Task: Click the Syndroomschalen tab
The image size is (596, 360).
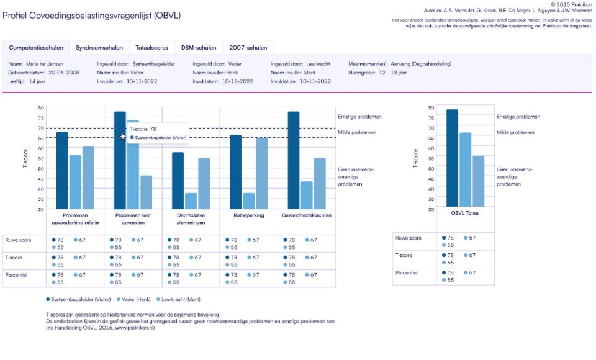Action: point(99,47)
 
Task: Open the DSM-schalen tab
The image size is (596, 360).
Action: point(199,47)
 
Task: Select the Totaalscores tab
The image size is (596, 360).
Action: point(152,47)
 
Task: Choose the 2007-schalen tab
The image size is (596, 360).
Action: point(248,47)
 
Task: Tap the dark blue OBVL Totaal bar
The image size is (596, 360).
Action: point(452,158)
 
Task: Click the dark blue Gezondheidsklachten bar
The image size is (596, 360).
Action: point(294,160)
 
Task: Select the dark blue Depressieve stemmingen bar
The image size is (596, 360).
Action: point(178,180)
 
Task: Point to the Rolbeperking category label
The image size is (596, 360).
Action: point(248,216)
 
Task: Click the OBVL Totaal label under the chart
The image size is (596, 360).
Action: point(465,214)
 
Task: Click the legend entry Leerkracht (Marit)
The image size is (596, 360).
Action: point(181,299)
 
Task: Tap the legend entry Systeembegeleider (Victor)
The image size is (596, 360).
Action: point(76,299)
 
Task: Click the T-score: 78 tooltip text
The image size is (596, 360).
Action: point(143,129)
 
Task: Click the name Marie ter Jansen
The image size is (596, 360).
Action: point(45,64)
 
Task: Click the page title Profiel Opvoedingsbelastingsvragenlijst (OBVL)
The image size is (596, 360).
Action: point(91,15)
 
